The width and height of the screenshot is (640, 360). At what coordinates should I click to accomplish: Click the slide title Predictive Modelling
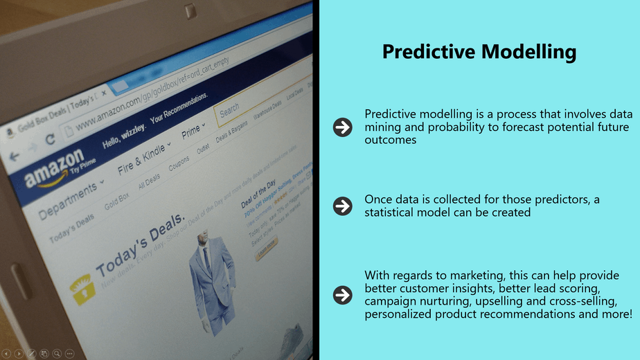(479, 52)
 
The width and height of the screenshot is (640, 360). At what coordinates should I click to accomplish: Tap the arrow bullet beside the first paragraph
(342, 127)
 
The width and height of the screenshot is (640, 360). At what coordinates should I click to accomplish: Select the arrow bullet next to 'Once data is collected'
(342, 206)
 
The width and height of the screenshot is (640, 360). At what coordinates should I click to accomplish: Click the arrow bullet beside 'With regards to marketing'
(342, 295)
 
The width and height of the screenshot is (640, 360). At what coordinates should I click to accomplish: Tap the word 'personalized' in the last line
(398, 314)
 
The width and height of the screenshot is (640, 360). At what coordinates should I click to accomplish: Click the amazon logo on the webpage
(54, 168)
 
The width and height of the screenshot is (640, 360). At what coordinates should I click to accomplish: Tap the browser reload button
(50, 138)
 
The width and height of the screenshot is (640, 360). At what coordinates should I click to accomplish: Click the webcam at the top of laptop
(190, 10)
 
